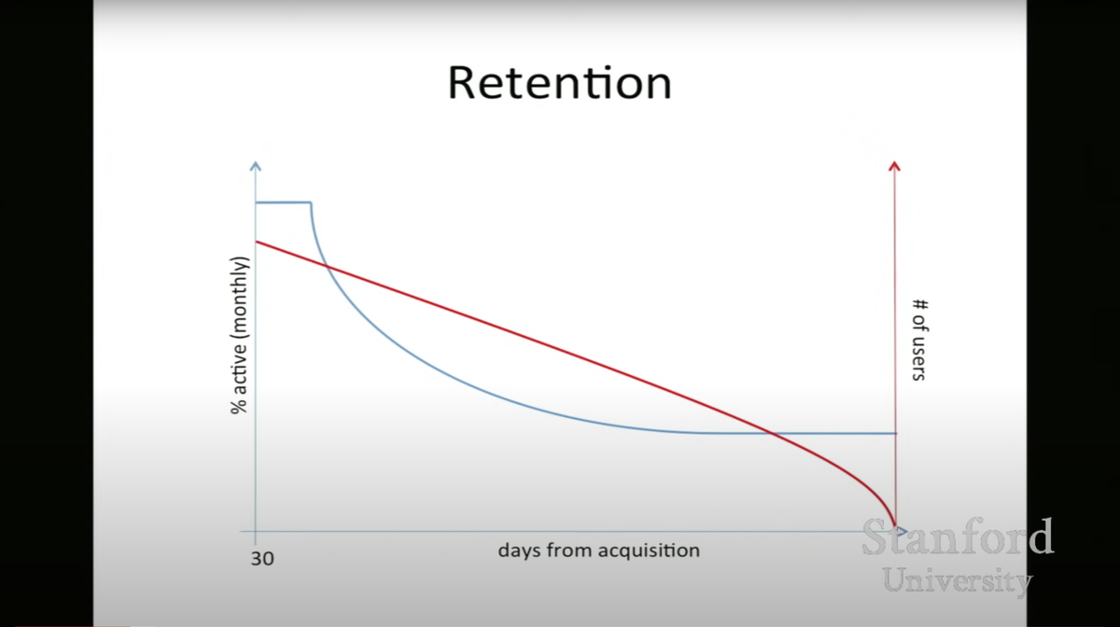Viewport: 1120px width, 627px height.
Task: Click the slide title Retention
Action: click(x=559, y=83)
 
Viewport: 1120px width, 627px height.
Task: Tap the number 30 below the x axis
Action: click(x=262, y=559)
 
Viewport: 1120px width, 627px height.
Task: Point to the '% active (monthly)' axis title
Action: click(x=239, y=336)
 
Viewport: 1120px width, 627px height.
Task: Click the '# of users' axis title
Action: click(x=919, y=340)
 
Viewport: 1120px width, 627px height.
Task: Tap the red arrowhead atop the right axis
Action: click(x=894, y=165)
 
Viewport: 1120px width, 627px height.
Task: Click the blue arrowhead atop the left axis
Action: click(x=256, y=165)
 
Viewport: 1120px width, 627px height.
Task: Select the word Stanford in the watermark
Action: click(x=958, y=536)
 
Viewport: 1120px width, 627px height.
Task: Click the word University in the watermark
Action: click(x=958, y=581)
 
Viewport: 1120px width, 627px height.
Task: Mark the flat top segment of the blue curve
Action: click(x=284, y=202)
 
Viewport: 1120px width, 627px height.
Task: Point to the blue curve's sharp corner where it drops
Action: click(x=311, y=203)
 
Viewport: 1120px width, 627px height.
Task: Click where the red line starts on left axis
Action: click(x=256, y=242)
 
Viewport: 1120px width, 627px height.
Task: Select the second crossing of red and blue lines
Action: click(x=771, y=433)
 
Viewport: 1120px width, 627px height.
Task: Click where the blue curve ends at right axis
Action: click(x=896, y=433)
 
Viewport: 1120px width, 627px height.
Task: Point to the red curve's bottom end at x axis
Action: click(x=895, y=526)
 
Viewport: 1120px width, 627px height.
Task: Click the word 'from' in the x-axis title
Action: click(x=569, y=550)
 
